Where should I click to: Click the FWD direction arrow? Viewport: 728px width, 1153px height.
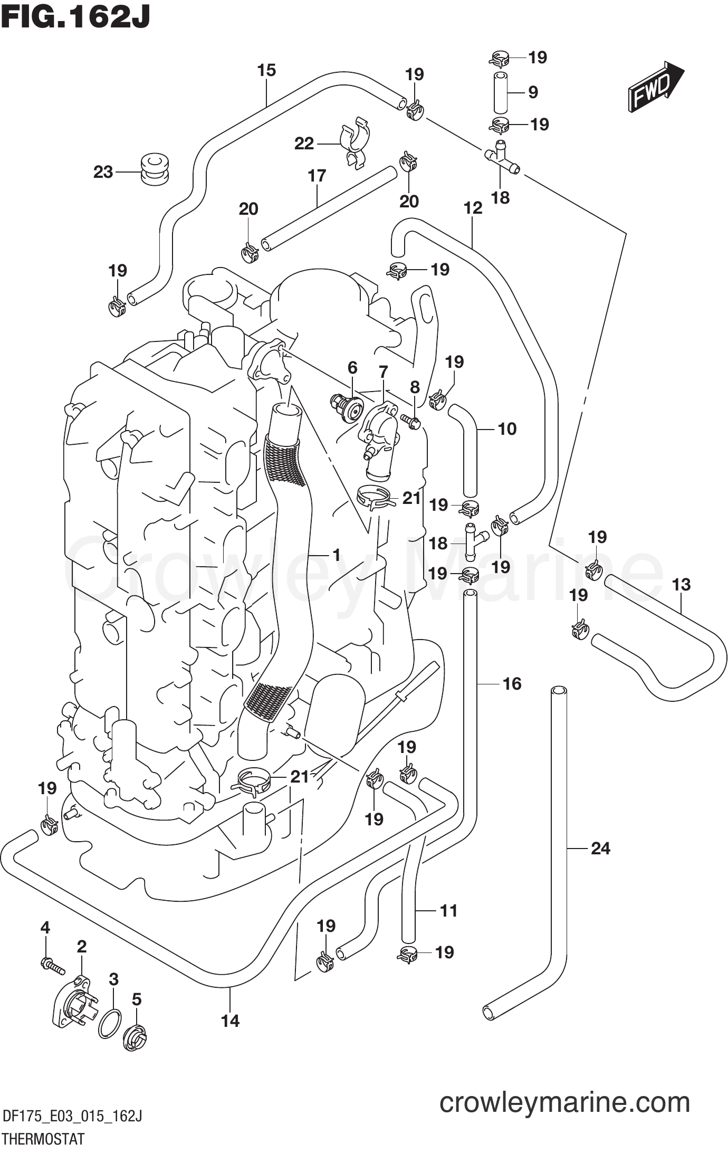(x=656, y=87)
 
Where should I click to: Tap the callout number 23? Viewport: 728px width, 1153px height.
(x=103, y=172)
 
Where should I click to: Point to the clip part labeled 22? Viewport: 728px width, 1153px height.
(x=355, y=142)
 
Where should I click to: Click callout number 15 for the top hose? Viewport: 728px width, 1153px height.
(x=266, y=70)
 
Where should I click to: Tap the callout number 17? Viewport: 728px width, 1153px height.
(x=317, y=176)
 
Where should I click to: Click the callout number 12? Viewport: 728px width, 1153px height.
(x=473, y=208)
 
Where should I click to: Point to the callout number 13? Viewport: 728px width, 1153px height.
(x=681, y=585)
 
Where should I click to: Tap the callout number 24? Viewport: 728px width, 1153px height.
(x=600, y=849)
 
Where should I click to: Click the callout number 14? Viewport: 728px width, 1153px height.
(x=230, y=1021)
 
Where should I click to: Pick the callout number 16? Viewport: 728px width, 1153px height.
(x=512, y=684)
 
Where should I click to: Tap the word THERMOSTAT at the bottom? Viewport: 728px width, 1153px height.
(x=43, y=1139)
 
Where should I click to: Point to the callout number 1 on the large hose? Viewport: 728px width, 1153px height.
(x=336, y=554)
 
